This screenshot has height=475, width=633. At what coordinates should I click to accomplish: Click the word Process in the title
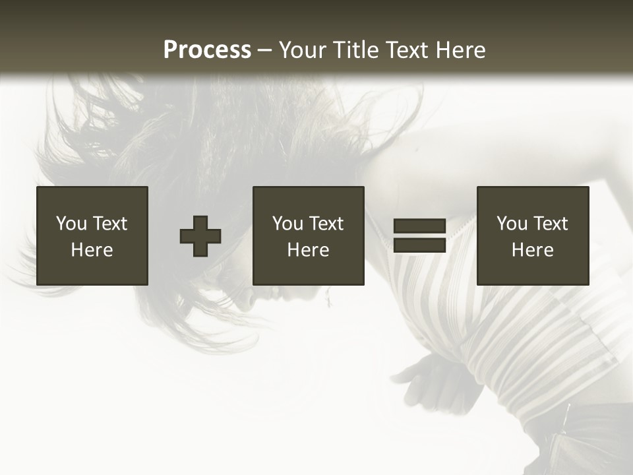[207, 50]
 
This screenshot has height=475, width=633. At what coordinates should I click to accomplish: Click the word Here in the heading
[460, 50]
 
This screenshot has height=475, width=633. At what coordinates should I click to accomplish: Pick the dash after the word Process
[265, 51]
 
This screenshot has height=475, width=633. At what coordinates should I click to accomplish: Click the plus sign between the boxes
[200, 236]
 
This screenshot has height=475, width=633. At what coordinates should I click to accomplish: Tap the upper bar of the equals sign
[419, 226]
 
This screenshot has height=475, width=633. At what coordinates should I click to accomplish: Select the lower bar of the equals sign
[419, 245]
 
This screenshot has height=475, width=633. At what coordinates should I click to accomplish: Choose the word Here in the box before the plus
[92, 250]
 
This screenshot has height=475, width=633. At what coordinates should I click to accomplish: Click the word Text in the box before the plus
[109, 224]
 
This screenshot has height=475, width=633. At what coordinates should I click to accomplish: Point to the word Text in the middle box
[326, 224]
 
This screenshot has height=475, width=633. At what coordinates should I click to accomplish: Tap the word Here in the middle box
[308, 250]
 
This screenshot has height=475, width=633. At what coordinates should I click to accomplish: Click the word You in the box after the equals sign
[512, 224]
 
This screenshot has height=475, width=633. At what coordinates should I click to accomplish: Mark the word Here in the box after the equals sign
[532, 250]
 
